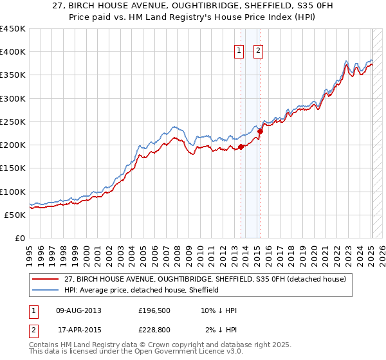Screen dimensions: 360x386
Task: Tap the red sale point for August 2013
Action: (241, 147)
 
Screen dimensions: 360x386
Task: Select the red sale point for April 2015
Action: (260, 132)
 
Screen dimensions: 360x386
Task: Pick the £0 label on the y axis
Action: (19, 238)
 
